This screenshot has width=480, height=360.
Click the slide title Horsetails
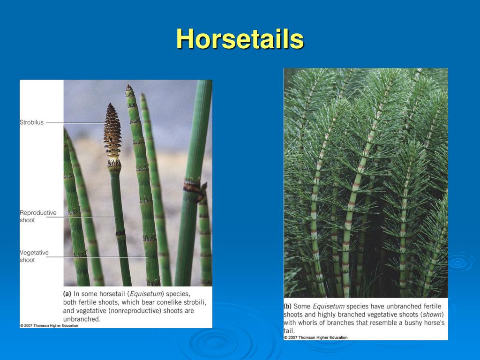[x=240, y=38]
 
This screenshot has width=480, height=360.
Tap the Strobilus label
[x=31, y=122]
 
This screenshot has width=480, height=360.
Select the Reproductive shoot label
[x=37, y=216]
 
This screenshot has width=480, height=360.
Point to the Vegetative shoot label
[x=34, y=256]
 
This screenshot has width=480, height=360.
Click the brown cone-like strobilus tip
[x=112, y=131]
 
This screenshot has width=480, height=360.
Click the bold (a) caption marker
[x=67, y=294]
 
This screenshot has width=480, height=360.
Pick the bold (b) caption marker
[x=288, y=306]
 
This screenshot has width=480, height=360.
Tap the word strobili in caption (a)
[x=194, y=302]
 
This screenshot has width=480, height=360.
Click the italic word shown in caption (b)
[x=432, y=315]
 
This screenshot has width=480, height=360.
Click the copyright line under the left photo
[x=49, y=325]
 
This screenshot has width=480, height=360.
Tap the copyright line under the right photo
[x=315, y=337]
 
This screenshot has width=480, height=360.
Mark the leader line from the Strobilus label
[x=75, y=123]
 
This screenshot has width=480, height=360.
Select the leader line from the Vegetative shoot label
[x=98, y=256]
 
